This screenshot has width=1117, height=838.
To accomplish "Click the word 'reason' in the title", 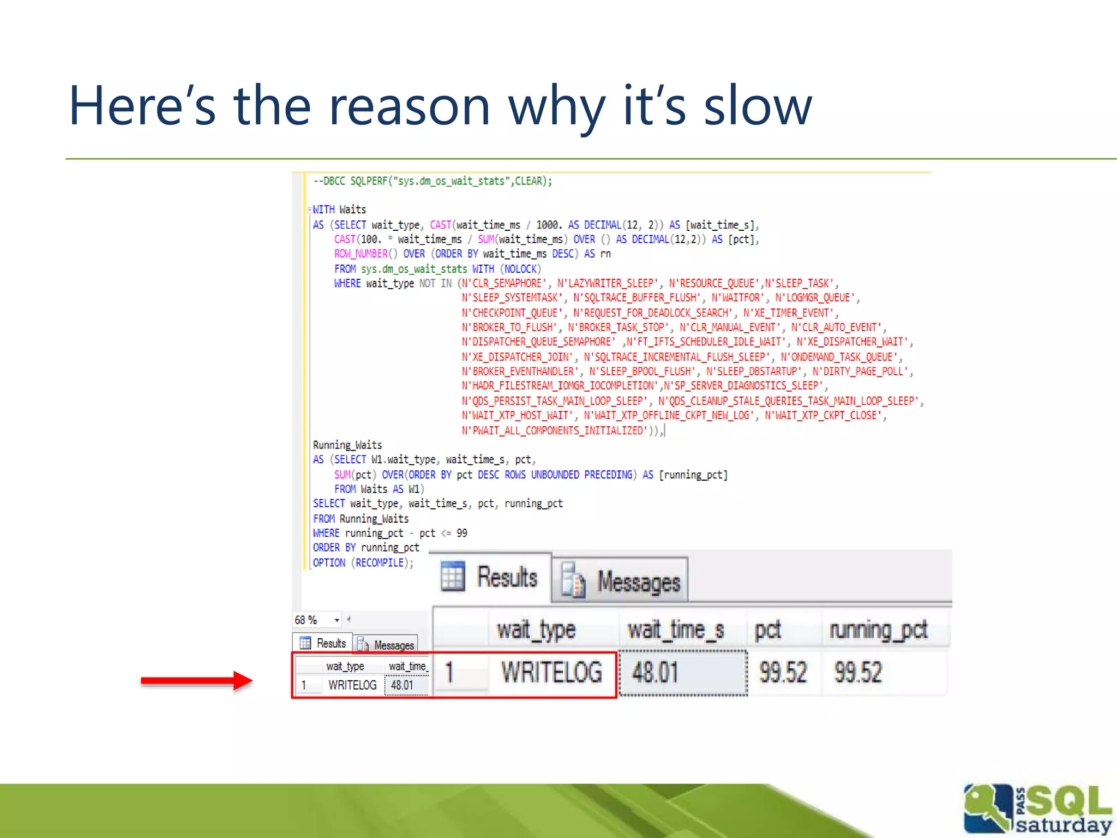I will [x=409, y=106].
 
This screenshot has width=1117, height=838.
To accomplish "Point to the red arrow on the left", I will [x=196, y=680].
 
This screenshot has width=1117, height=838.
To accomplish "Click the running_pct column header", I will [x=878, y=631].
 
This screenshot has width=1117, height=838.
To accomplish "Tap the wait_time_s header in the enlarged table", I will [x=675, y=631].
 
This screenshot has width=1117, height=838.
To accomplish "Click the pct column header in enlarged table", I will [x=767, y=631].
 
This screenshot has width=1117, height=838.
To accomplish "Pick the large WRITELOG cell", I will [x=551, y=672].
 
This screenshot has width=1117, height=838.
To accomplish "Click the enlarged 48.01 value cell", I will [x=656, y=672].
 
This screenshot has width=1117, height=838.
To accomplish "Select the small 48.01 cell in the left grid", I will [x=402, y=685].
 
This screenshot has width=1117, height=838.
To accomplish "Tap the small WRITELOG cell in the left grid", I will [x=352, y=685].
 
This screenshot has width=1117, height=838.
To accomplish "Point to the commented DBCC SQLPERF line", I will [x=432, y=181].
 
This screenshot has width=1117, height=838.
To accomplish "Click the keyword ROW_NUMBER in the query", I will [x=361, y=254].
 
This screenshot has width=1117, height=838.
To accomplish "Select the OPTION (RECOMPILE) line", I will [x=363, y=562].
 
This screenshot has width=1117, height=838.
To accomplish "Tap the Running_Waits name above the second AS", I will [x=347, y=445].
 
